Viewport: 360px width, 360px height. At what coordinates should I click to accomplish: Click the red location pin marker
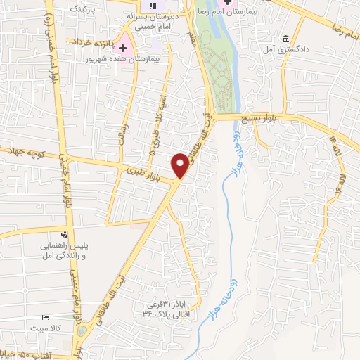pos(181,165)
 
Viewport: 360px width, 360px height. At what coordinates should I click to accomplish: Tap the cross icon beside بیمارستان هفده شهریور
pos(123,49)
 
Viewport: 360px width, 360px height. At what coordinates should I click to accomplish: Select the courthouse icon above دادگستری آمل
pos(285,39)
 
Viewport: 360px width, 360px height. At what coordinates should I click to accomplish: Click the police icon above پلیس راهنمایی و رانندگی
pos(64,234)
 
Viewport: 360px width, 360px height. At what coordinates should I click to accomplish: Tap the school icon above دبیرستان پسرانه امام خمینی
pos(152,6)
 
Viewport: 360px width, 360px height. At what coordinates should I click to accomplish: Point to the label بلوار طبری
pos(146,173)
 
